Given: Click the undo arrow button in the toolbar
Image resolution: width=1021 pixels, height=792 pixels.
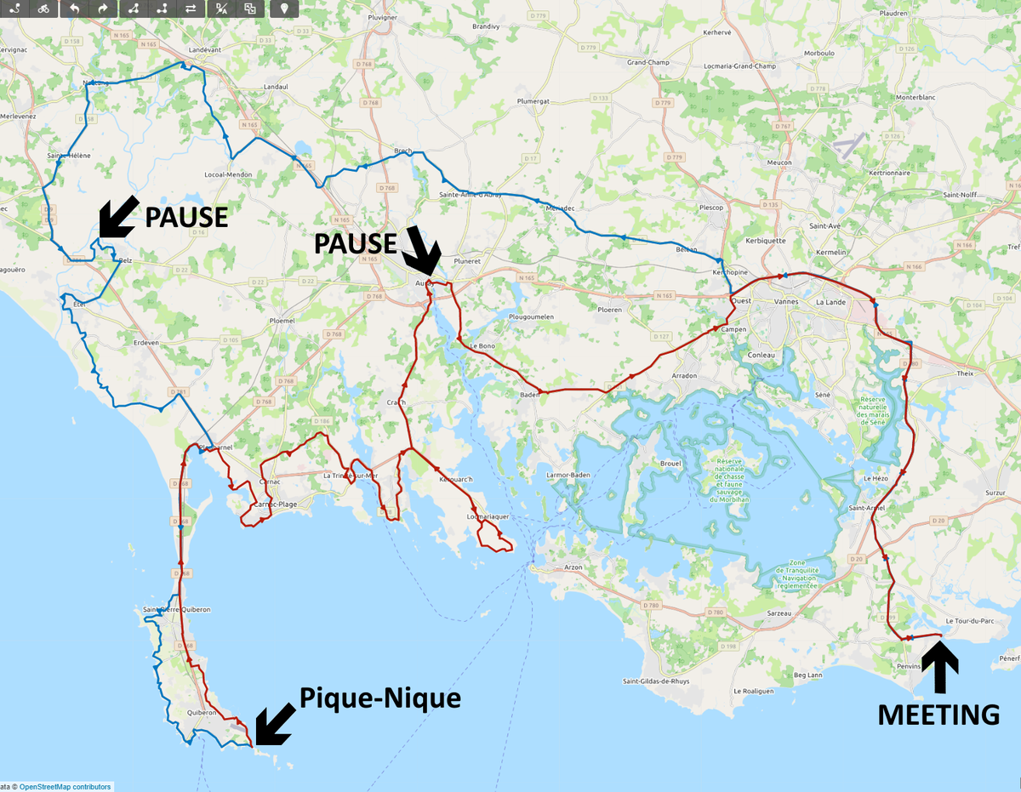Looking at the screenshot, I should (x=74, y=9).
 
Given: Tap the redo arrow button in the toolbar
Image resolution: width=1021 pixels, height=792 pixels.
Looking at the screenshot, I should (x=102, y=9).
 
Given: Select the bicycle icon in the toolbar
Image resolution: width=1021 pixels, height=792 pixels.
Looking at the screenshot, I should (x=43, y=9).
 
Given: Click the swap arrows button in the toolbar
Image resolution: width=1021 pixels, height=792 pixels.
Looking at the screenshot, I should (x=191, y=9).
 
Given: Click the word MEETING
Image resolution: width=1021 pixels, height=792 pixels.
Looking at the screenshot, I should (x=938, y=715).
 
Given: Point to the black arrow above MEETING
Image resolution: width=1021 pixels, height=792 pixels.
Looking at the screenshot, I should (x=939, y=667).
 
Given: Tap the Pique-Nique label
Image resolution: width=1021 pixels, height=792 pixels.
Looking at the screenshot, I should (x=379, y=698).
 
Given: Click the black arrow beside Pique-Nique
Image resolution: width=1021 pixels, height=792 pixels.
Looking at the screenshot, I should (x=273, y=724).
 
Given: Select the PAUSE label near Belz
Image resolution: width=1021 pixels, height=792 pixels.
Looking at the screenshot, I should (x=186, y=217).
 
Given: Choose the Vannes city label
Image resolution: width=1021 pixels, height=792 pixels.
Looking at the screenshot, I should (x=784, y=302).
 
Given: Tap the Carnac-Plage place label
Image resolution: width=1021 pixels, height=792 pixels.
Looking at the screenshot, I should (x=274, y=505).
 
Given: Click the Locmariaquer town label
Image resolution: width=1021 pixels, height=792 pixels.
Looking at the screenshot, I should (x=488, y=516).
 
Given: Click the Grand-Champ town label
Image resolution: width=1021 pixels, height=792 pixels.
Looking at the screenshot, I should (x=648, y=62).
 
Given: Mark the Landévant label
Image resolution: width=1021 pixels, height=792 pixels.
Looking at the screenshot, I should (x=204, y=50).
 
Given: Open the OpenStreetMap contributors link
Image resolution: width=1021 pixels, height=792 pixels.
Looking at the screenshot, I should (x=65, y=787).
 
